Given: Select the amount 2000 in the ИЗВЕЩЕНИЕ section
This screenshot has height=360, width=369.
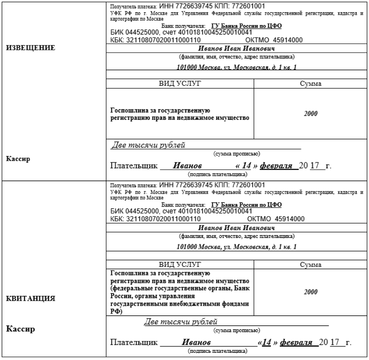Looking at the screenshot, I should pyautogui.click(x=310, y=113).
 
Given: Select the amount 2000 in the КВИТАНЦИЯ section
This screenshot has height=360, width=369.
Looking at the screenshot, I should pyautogui.click(x=310, y=291).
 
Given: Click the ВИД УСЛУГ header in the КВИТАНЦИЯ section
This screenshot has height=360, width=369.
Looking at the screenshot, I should pyautogui.click(x=180, y=264).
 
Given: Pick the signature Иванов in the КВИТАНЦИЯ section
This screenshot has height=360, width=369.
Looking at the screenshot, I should pyautogui.click(x=196, y=343).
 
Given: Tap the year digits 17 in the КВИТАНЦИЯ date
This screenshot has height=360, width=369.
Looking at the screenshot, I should pyautogui.click(x=335, y=343).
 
